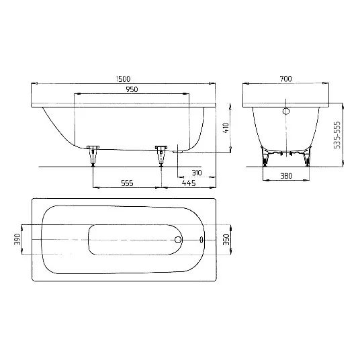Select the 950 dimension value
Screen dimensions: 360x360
pyautogui.click(x=123, y=90)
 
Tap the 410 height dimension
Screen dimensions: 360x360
pyautogui.click(x=226, y=127)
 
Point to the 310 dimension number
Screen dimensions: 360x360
pyautogui.click(x=196, y=173)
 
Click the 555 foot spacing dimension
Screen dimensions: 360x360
pyautogui.click(x=126, y=182)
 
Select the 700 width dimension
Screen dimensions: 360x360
pyautogui.click(x=286, y=80)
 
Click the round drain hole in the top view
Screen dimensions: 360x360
pyautogui.click(x=178, y=240)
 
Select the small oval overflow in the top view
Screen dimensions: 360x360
pyautogui.click(x=203, y=240)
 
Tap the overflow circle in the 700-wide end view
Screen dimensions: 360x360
pyautogui.click(x=285, y=111)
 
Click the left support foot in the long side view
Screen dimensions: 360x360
pyautogui.click(x=92, y=154)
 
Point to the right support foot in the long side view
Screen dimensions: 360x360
pyautogui.click(x=161, y=154)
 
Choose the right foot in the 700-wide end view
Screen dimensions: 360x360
pyautogui.click(x=306, y=159)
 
